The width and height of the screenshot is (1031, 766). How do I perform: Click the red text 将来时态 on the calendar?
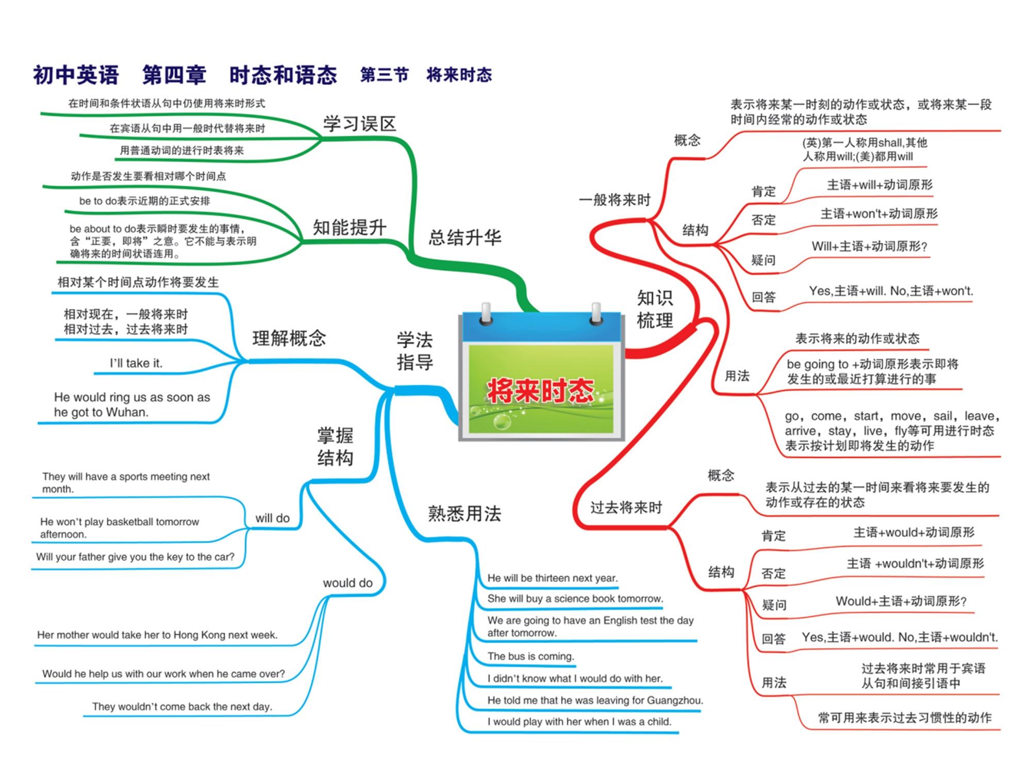(541, 390)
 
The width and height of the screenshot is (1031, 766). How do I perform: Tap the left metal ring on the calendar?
(486, 314)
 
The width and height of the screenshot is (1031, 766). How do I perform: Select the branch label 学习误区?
(359, 124)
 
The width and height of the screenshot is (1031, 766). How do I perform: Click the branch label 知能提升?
(350, 227)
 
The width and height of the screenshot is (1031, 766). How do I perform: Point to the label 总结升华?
(464, 238)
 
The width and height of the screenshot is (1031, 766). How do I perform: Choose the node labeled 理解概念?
(289, 338)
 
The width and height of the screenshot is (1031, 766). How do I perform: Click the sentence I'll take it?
(136, 363)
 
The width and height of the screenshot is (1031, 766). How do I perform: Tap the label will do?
(273, 518)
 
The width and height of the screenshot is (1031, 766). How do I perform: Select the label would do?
(347, 583)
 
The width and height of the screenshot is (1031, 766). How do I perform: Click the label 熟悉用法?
(464, 513)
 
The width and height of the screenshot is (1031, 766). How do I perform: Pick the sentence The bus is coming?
(531, 656)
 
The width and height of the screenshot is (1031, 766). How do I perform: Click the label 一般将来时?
(614, 199)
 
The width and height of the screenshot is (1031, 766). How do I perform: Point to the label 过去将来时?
(626, 508)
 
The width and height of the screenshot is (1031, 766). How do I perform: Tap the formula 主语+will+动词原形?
(879, 185)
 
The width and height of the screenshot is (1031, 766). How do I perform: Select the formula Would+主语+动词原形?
(901, 601)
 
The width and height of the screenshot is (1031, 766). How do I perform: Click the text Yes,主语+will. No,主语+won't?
(891, 291)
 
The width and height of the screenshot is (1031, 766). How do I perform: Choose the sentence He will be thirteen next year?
(553, 578)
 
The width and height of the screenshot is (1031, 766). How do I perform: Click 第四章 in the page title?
(174, 75)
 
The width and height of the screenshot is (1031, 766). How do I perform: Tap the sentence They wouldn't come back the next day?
(182, 706)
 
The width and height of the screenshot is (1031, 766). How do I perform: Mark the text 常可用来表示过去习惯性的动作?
(905, 718)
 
